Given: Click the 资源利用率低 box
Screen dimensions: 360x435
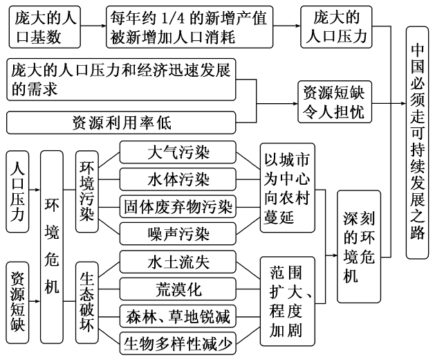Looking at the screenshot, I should click(122, 123).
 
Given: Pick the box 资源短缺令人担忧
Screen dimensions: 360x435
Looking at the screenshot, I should click(330, 101).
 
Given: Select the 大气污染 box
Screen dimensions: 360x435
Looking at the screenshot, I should click(178, 152).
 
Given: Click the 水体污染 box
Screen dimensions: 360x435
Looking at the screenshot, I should click(178, 179).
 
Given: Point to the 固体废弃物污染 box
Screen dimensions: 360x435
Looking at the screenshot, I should click(178, 206).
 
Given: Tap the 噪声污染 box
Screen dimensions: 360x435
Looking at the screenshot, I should click(178, 233).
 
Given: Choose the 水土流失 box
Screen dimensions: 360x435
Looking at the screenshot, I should click(178, 262).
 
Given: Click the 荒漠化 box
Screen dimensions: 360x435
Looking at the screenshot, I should click(178, 289).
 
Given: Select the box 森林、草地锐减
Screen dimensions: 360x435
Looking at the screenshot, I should click(178, 316).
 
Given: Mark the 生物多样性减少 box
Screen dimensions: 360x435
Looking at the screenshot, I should click(178, 342).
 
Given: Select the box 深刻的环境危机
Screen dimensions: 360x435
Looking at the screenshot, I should click(359, 246).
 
